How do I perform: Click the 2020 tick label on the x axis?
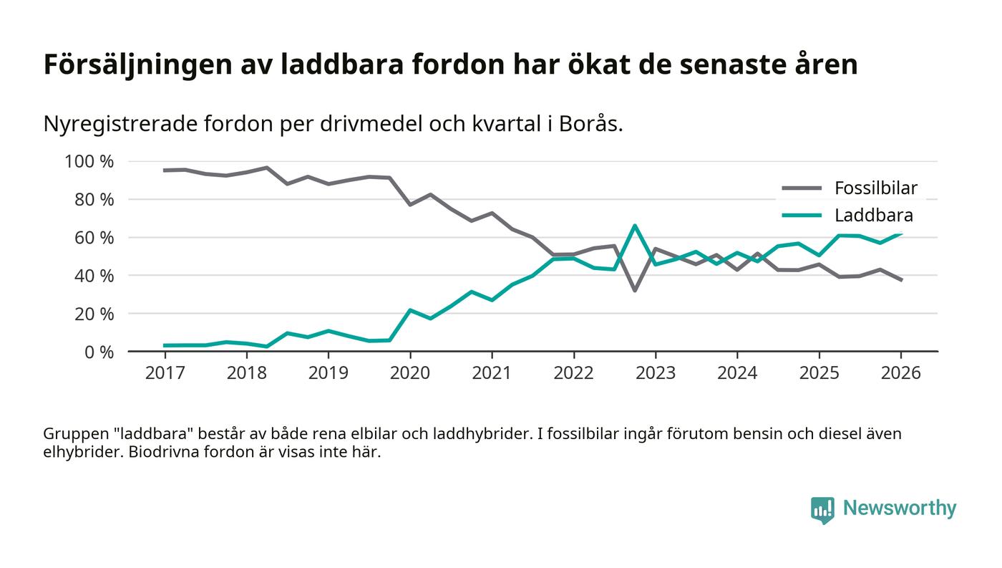click(409, 374)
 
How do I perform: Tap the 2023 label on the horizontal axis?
click(655, 374)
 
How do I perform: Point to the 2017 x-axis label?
click(165, 374)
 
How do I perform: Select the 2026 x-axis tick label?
click(900, 374)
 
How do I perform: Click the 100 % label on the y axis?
click(89, 161)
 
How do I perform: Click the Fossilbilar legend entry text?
click(875, 188)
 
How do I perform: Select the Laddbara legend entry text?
click(873, 215)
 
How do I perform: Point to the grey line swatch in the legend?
click(801, 188)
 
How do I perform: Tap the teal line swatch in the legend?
click(801, 215)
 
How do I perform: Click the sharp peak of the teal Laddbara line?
click(634, 226)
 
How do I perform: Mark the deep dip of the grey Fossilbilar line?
click(634, 290)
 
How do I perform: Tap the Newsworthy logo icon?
click(822, 509)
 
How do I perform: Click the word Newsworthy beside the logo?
click(900, 509)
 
